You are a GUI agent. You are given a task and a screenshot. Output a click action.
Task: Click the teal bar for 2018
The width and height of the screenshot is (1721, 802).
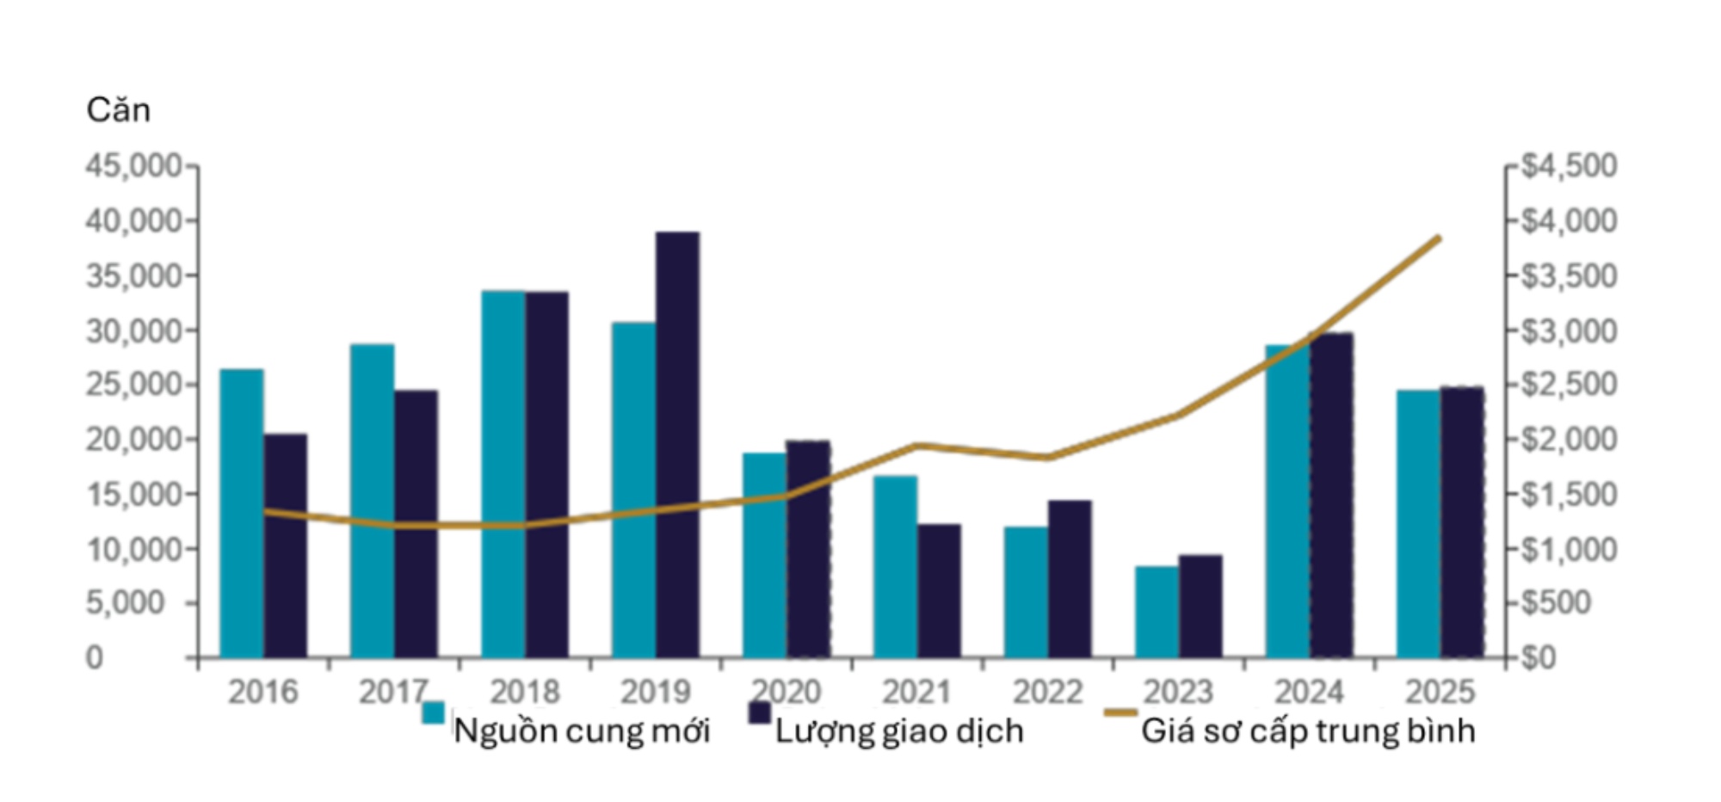(x=503, y=474)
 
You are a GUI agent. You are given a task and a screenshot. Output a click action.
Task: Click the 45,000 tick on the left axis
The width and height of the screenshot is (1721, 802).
(x=133, y=166)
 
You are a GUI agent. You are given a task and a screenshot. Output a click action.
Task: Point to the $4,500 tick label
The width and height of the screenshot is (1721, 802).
(x=1569, y=166)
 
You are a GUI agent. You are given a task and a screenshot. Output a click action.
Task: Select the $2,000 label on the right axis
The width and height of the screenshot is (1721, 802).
(x=1569, y=440)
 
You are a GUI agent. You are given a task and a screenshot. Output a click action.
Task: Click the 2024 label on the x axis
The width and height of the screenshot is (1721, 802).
(x=1309, y=692)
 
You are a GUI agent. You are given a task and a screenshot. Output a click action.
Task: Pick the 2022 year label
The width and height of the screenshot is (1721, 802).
(x=1047, y=692)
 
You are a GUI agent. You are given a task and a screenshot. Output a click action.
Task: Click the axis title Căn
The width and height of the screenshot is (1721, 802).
(x=119, y=110)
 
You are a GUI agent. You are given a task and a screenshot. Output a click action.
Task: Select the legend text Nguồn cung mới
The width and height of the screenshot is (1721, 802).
(x=582, y=731)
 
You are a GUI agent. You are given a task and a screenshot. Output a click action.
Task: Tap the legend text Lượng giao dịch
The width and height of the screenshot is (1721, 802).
(x=899, y=731)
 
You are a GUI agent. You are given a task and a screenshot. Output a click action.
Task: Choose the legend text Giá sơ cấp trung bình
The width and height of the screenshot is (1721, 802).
(x=1308, y=731)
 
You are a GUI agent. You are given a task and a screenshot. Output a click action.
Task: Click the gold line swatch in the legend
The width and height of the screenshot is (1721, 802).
(x=1121, y=713)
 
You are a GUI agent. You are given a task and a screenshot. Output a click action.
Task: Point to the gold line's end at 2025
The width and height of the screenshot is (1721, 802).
(x=1439, y=238)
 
